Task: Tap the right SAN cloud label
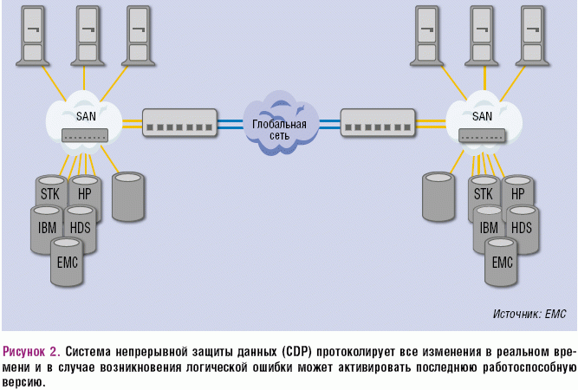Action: [x=481, y=115]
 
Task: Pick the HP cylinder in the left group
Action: [x=84, y=193]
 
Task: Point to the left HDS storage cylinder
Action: [x=81, y=227]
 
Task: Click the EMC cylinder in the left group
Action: [x=66, y=260]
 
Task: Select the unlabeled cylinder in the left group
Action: [x=128, y=196]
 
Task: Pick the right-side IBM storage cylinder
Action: [x=488, y=228]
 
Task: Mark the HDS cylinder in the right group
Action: [x=522, y=228]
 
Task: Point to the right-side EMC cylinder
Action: [x=503, y=262]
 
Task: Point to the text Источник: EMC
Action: [x=529, y=314]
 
